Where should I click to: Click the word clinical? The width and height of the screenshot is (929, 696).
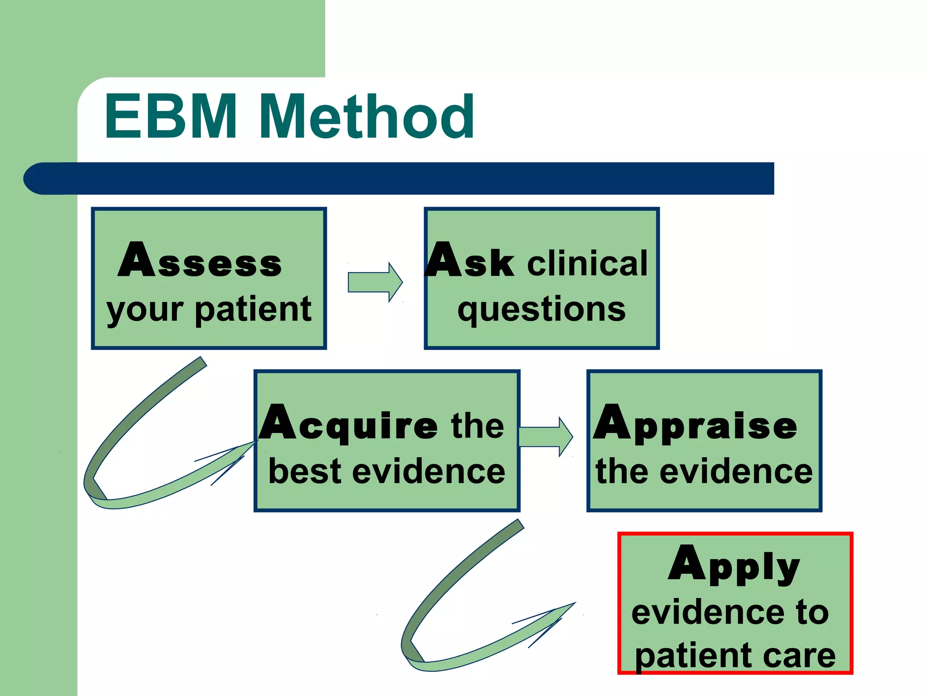(587, 263)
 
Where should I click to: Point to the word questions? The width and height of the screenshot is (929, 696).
(542, 309)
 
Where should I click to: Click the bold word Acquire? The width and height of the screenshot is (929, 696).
(348, 424)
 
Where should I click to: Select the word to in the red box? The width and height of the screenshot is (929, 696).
(812, 612)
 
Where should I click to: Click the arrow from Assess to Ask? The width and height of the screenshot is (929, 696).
(374, 282)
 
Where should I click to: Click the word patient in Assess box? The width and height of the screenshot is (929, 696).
(253, 309)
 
